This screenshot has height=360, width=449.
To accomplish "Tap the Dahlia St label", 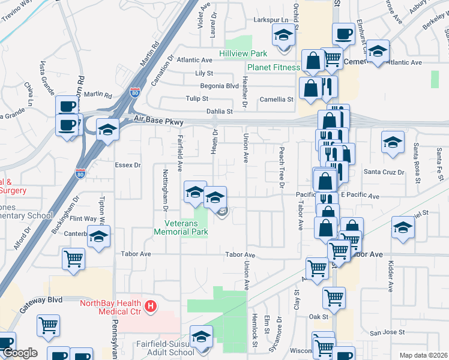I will [x=219, y=112].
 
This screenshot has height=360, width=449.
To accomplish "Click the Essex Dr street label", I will [x=127, y=164].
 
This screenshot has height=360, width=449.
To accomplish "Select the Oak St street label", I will [x=319, y=317].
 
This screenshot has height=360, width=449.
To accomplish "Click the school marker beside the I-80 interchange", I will [x=107, y=130].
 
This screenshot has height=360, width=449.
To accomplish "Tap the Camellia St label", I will [x=276, y=100].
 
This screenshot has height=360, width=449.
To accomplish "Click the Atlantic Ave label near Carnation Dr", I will [x=194, y=60].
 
